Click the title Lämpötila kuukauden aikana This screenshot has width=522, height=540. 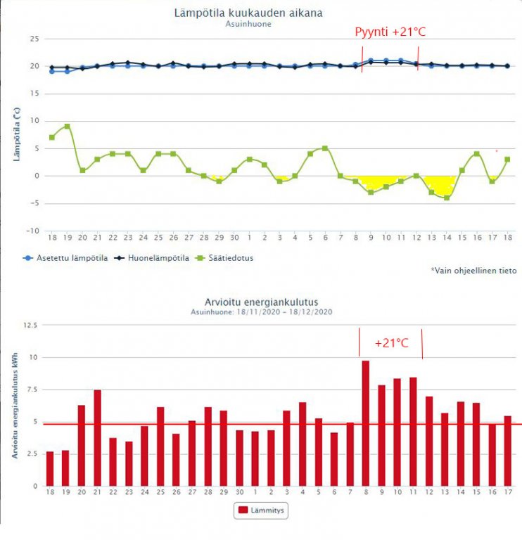tap(248, 13)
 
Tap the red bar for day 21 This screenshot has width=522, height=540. tap(97, 437)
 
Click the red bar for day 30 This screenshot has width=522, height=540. tap(239, 458)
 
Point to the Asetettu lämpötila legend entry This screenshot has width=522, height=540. tap(64, 258)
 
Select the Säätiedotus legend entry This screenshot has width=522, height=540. tap(229, 258)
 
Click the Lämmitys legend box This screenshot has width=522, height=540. tap(260, 510)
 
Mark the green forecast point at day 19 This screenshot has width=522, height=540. tap(67, 127)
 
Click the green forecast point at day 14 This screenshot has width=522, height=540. tap(447, 198)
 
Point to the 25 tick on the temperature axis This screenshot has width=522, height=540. tap(32, 39)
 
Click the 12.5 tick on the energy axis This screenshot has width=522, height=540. tap(30, 325)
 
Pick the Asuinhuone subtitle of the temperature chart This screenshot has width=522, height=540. tap(248, 24)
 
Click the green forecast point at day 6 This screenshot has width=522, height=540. tap(325, 148)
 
